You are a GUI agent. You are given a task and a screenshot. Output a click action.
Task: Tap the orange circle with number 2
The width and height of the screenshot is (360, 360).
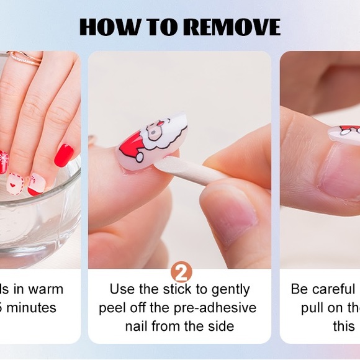point(181,272)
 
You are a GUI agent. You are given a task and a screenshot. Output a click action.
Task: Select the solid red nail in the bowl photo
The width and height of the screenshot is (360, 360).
point(63,155)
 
